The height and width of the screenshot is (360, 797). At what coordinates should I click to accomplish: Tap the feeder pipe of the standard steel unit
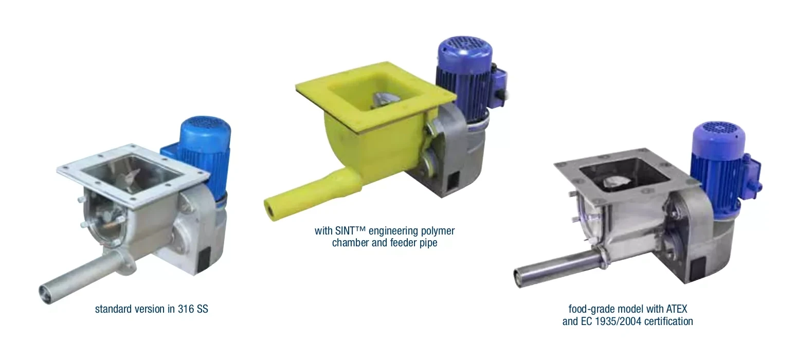tap(85, 276)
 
